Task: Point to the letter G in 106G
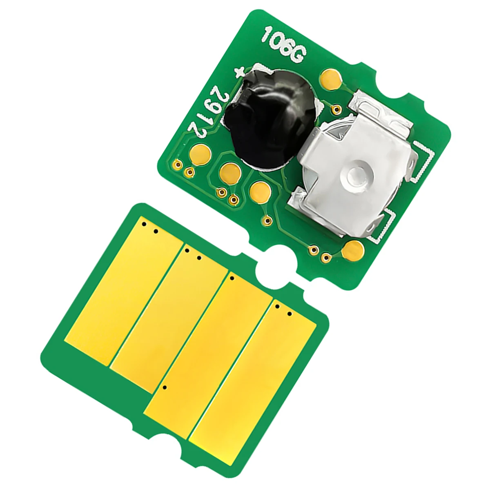tap(297, 55)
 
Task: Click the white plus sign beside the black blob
tap(240, 72)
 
